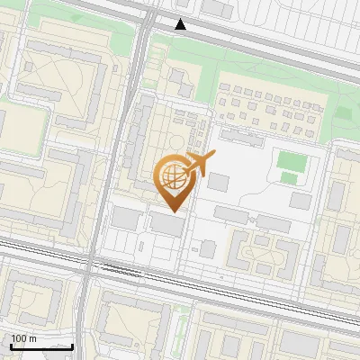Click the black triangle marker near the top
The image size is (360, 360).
181,24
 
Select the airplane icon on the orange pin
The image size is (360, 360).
199,164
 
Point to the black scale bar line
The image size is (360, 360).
41,346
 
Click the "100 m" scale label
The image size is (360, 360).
24,338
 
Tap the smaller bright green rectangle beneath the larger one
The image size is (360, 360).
288,177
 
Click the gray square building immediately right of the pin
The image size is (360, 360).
218,182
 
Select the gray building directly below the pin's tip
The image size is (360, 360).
166,224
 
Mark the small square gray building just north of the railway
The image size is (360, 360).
208,247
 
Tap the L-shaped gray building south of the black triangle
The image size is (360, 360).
181,83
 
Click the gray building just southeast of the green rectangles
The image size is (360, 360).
301,200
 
